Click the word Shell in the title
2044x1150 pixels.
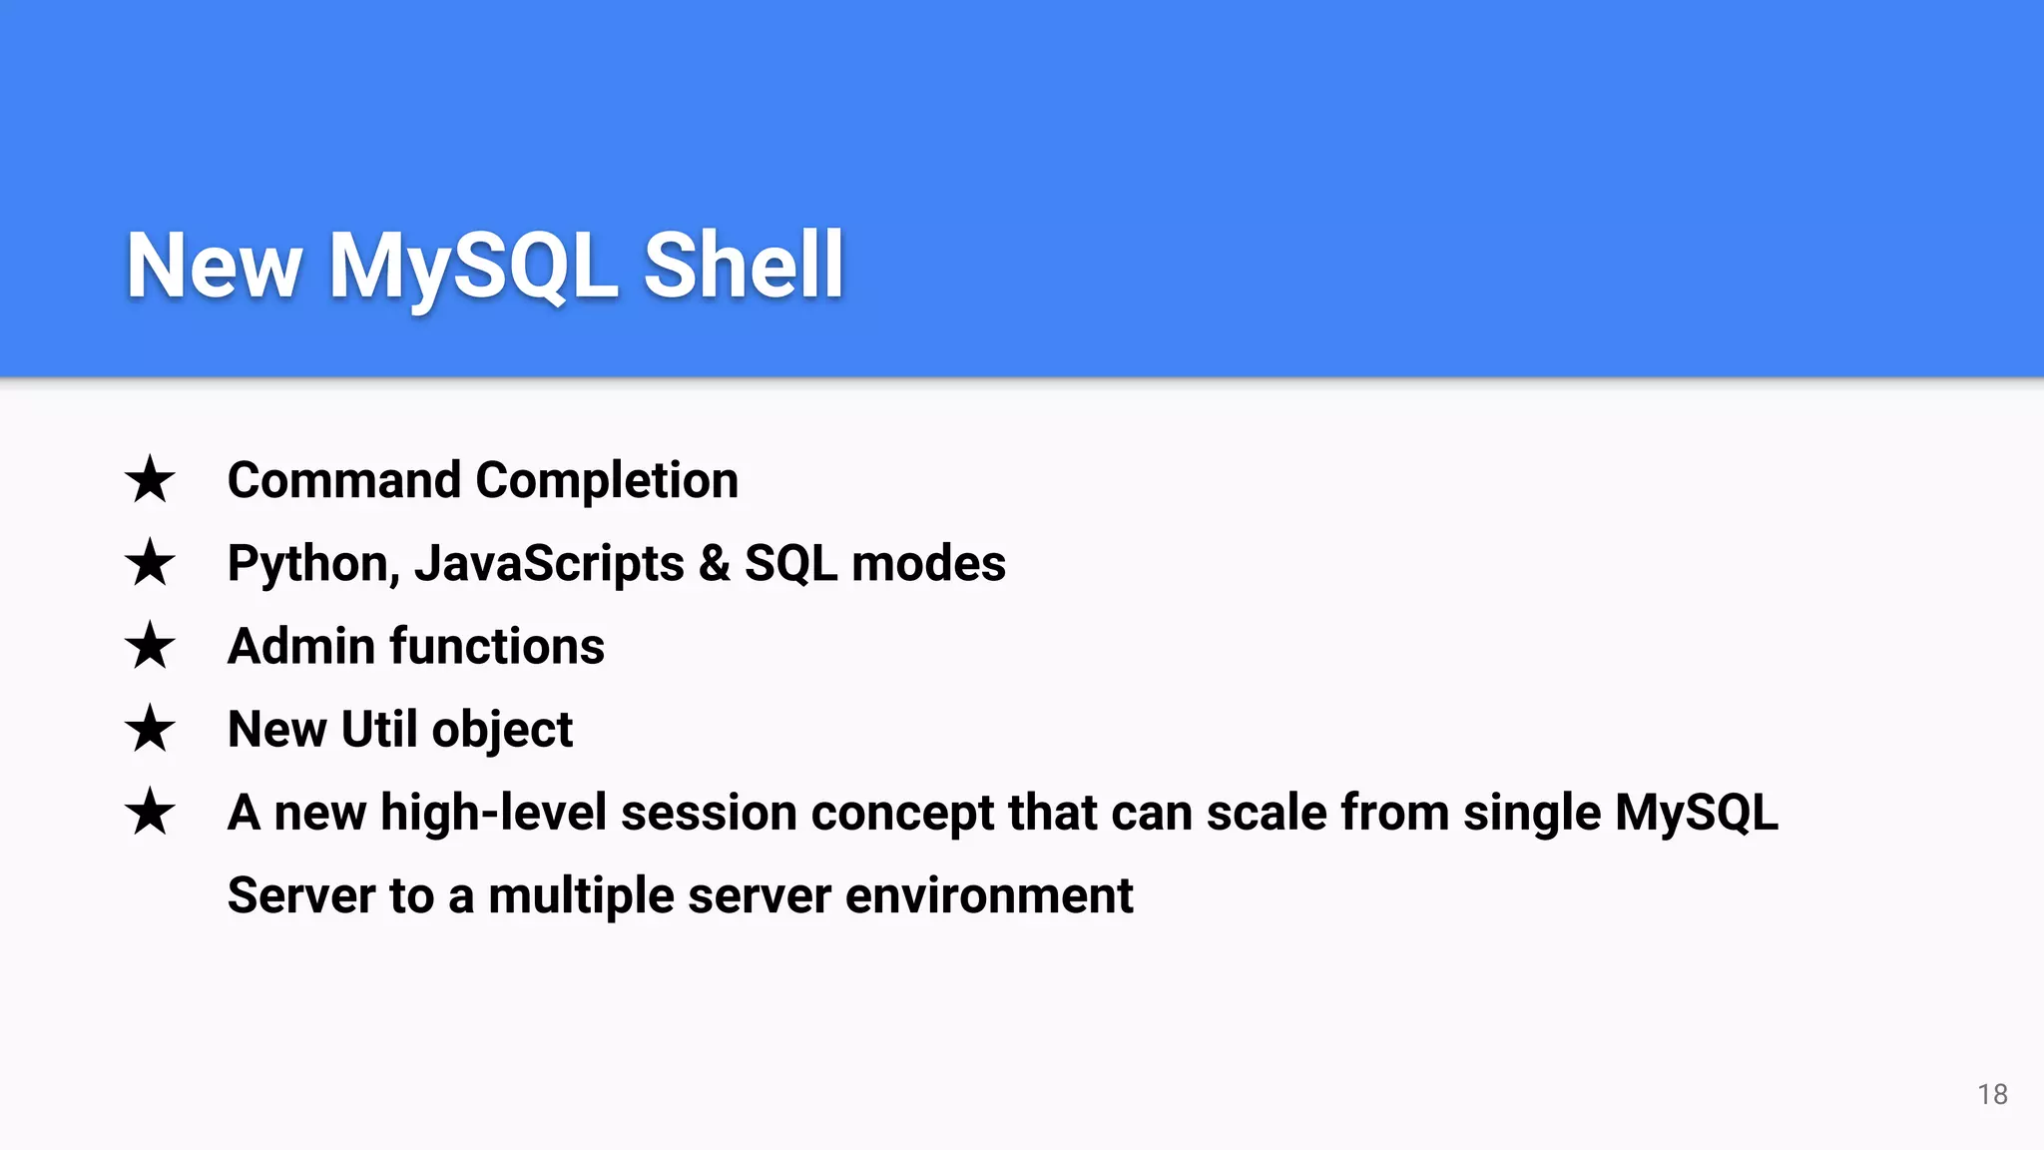pyautogui.click(x=744, y=266)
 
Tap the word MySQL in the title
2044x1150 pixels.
pyautogui.click(x=473, y=266)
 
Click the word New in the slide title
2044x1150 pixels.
pyautogui.click(x=214, y=266)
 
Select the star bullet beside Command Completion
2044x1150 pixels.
pyautogui.click(x=150, y=480)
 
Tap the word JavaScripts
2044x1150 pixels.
pyautogui.click(x=549, y=564)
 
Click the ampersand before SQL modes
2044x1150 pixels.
pyautogui.click(x=714, y=563)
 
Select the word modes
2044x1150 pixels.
pyautogui.click(x=928, y=563)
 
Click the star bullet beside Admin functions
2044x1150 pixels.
pyautogui.click(x=150, y=646)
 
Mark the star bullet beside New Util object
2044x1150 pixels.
pyautogui.click(x=150, y=729)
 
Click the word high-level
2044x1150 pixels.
pyautogui.click(x=493, y=813)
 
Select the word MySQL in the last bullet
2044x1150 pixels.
pyautogui.click(x=1696, y=813)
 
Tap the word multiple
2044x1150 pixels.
pyautogui.click(x=581, y=895)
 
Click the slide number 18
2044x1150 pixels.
pyautogui.click(x=1992, y=1094)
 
